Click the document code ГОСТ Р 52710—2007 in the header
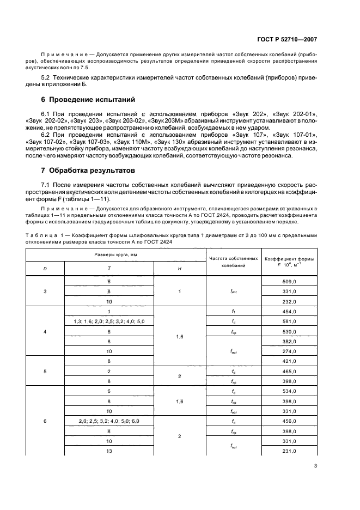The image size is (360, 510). click(287, 39)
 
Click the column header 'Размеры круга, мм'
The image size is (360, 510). click(109, 254)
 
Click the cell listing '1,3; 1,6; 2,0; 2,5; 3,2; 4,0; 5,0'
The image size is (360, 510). click(109, 321)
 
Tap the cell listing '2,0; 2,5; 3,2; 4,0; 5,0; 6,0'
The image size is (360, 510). click(109, 421)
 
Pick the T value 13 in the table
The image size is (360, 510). click(109, 451)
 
